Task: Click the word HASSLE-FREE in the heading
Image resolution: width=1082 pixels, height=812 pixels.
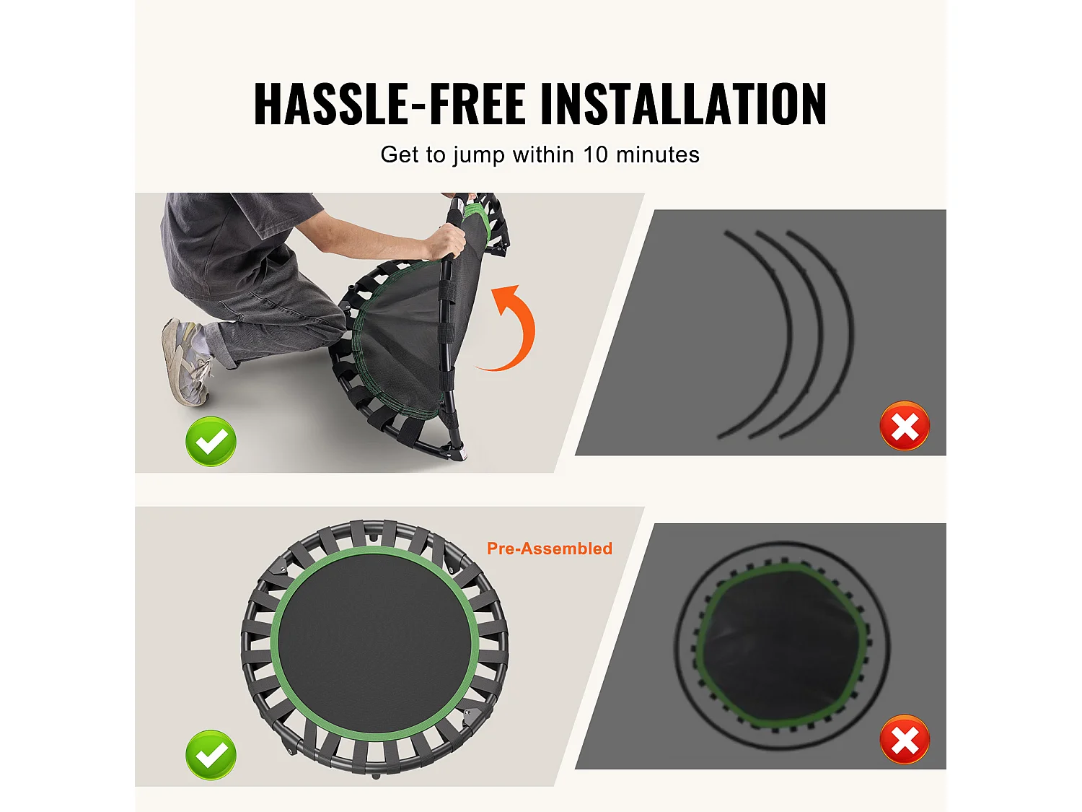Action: coord(389,105)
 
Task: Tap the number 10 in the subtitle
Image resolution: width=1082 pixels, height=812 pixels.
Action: coord(595,154)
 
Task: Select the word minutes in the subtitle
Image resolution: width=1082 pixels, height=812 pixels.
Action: coord(657,154)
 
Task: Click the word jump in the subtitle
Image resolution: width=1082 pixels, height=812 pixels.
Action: coord(478,155)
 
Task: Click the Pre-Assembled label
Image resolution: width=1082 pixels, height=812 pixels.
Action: coord(550,549)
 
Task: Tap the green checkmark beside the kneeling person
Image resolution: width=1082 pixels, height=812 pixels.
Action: coord(211,441)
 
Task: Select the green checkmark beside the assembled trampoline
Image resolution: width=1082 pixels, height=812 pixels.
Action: coord(211,755)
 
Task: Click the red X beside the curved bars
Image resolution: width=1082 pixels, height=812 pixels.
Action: coord(905,426)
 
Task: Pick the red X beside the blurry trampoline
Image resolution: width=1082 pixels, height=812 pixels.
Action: coord(905,740)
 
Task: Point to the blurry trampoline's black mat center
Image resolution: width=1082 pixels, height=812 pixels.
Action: coord(783,646)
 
